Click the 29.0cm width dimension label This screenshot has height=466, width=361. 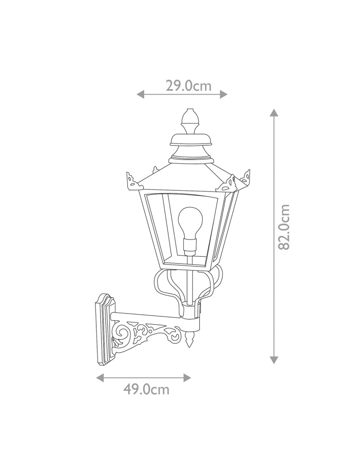click(x=188, y=86)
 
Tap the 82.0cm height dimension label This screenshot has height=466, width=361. click(x=284, y=227)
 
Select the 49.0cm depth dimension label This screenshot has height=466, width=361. click(x=146, y=389)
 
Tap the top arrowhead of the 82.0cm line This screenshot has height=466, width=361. click(x=274, y=113)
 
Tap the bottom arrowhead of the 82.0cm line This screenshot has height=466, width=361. click(x=274, y=359)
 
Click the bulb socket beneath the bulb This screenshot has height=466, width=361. click(x=189, y=246)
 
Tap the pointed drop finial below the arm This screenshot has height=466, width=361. click(x=189, y=340)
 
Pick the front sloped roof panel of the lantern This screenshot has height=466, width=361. click(x=182, y=177)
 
